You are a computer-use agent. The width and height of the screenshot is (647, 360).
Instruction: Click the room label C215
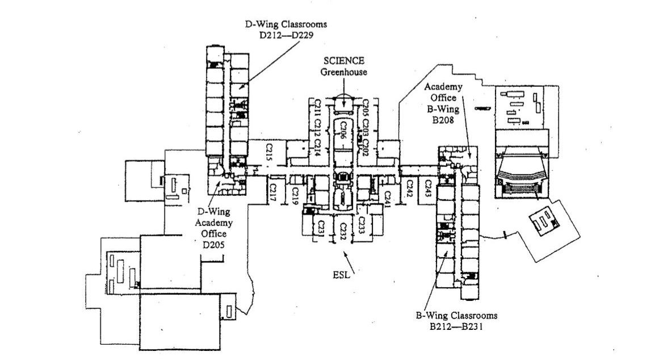click(270, 152)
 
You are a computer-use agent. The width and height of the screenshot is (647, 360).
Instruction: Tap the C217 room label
click(273, 191)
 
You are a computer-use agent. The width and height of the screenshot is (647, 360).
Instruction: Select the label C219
click(295, 195)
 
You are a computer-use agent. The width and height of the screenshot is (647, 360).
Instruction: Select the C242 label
click(410, 188)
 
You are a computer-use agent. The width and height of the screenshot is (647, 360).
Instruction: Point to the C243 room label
click(428, 189)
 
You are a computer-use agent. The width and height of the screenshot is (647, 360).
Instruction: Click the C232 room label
click(343, 231)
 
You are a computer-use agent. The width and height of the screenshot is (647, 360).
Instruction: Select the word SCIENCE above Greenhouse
click(343, 61)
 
